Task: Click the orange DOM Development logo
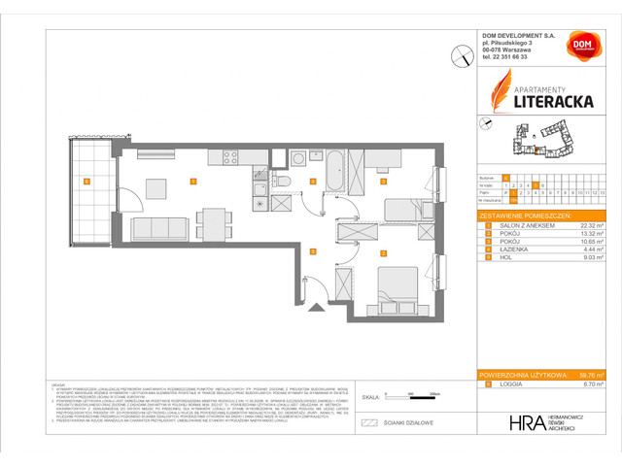coord(579,47)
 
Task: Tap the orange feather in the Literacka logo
coord(502,95)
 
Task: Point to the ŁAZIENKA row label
coord(506,250)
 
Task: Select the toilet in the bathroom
coord(277,182)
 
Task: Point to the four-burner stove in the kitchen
coord(231,156)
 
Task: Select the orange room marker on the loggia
coord(86,181)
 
